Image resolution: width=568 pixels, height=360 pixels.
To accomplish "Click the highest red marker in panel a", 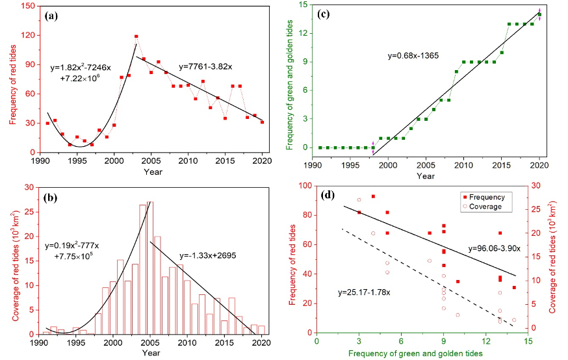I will tap(136, 36).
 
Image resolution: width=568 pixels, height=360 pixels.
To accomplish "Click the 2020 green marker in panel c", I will tap(539, 15).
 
